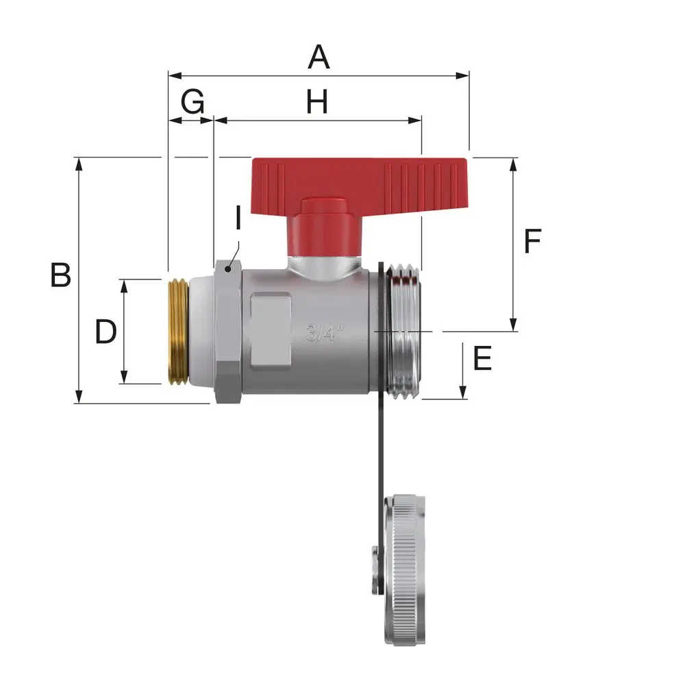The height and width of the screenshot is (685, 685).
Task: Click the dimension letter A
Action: pyautogui.click(x=319, y=57)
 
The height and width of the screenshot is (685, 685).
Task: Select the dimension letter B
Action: pyautogui.click(x=60, y=275)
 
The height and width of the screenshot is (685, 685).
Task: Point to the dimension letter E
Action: pyautogui.click(x=482, y=358)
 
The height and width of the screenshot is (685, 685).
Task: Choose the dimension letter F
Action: pyautogui.click(x=532, y=240)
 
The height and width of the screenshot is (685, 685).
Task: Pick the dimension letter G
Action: pyautogui.click(x=192, y=102)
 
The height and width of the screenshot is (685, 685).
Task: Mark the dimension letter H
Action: pyautogui.click(x=316, y=102)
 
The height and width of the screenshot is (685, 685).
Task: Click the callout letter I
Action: pyautogui.click(x=238, y=218)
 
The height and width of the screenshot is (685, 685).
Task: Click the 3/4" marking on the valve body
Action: pyautogui.click(x=325, y=332)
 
